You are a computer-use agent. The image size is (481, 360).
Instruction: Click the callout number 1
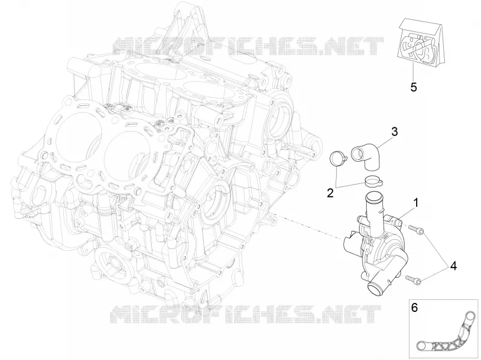[415, 203]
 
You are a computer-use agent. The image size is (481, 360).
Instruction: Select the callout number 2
[330, 193]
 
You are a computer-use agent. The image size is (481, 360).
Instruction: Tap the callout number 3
[394, 132]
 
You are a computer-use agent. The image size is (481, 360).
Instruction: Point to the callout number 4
[453, 266]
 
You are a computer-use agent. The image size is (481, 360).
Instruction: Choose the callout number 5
[414, 87]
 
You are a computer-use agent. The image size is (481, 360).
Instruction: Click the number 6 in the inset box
[414, 308]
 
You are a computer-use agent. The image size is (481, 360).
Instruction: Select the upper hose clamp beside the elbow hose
[338, 159]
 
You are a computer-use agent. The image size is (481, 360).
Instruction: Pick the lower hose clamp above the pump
[374, 181]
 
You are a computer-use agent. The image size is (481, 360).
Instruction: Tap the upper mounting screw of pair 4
[415, 230]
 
